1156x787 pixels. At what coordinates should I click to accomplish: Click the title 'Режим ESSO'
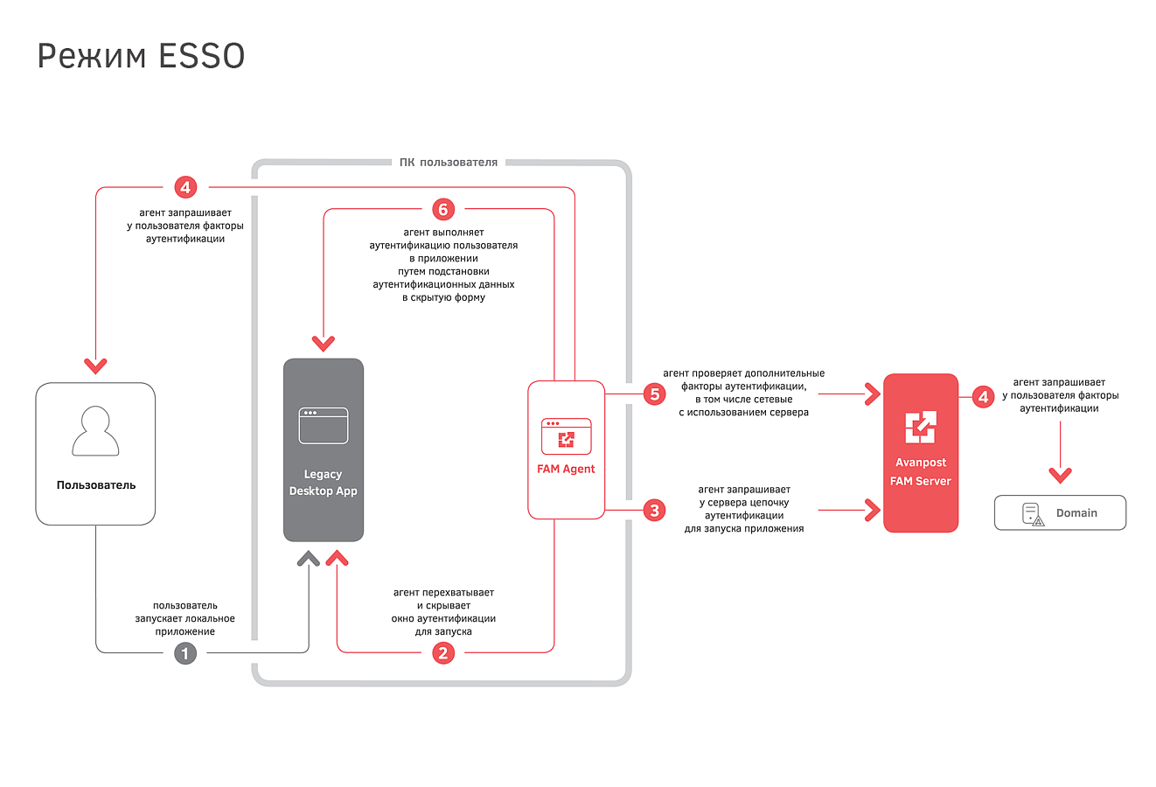[141, 56]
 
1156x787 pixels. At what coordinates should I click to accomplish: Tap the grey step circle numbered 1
[185, 653]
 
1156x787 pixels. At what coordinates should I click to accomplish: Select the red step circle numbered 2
[442, 653]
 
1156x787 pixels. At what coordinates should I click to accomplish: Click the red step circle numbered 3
[654, 511]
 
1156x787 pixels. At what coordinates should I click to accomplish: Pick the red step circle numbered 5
[654, 394]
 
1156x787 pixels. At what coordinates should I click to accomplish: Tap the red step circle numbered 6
[442, 209]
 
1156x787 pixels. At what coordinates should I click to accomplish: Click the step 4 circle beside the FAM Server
[983, 397]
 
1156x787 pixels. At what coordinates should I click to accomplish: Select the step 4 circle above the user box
[185, 187]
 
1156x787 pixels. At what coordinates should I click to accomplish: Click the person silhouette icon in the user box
[95, 431]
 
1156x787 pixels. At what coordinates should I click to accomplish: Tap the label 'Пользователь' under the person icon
[96, 485]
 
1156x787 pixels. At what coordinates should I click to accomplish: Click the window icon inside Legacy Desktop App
[324, 426]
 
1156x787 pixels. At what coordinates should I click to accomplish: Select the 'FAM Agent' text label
[566, 469]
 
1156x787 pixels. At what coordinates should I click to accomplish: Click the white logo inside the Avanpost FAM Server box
[921, 427]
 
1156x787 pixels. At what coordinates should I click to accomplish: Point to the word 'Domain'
[1076, 513]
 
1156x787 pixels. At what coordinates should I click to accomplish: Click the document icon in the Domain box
[1033, 514]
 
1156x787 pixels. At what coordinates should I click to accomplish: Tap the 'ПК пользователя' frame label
[449, 163]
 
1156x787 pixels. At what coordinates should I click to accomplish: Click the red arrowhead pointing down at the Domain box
[1060, 475]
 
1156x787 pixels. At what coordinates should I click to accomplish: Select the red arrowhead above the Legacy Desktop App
[324, 343]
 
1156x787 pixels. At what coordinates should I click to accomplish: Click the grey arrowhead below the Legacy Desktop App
[309, 559]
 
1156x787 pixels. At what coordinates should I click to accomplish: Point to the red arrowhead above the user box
[95, 366]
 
